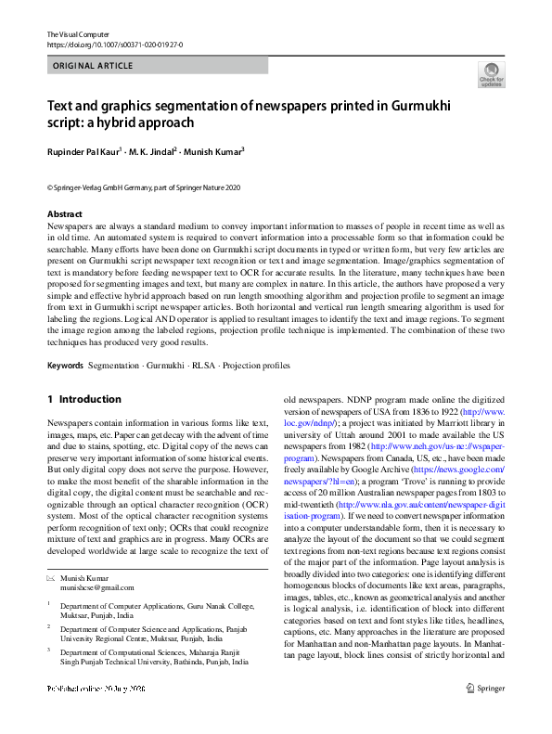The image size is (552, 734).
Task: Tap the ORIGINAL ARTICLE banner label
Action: (93, 66)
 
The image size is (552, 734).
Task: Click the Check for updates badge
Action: (491, 75)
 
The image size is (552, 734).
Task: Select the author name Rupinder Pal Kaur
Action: (84, 151)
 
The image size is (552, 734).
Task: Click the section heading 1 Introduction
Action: (84, 399)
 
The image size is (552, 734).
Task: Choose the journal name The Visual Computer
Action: (78, 34)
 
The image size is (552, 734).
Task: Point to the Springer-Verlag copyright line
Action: (144, 187)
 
